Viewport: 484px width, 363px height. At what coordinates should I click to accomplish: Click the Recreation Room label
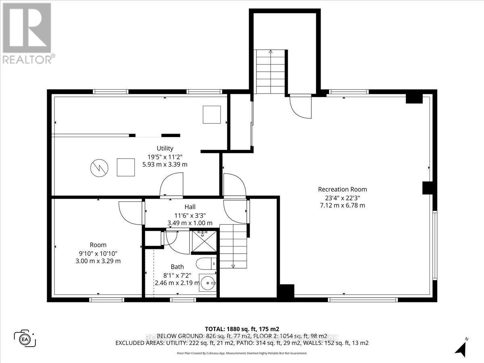pyautogui.click(x=342, y=189)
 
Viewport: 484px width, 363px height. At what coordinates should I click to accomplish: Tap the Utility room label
pyautogui.click(x=165, y=148)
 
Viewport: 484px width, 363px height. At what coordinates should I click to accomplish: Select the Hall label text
pyautogui.click(x=190, y=207)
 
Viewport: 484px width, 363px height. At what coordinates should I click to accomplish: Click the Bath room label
pyautogui.click(x=177, y=267)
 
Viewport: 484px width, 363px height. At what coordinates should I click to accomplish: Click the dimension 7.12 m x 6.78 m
pyautogui.click(x=342, y=205)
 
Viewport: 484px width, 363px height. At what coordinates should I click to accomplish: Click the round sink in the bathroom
pyautogui.click(x=208, y=284)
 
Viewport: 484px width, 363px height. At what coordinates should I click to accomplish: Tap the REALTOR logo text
pyautogui.click(x=27, y=60)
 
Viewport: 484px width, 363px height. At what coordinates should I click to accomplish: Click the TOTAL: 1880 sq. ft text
pyautogui.click(x=242, y=328)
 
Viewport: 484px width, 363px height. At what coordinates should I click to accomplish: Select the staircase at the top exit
pyautogui.click(x=270, y=71)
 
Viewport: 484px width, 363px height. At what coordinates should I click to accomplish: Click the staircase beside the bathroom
pyautogui.click(x=233, y=246)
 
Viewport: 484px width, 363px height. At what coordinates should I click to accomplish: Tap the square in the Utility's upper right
pyautogui.click(x=211, y=115)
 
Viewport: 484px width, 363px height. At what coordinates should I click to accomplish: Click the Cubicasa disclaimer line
pyautogui.click(x=242, y=353)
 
